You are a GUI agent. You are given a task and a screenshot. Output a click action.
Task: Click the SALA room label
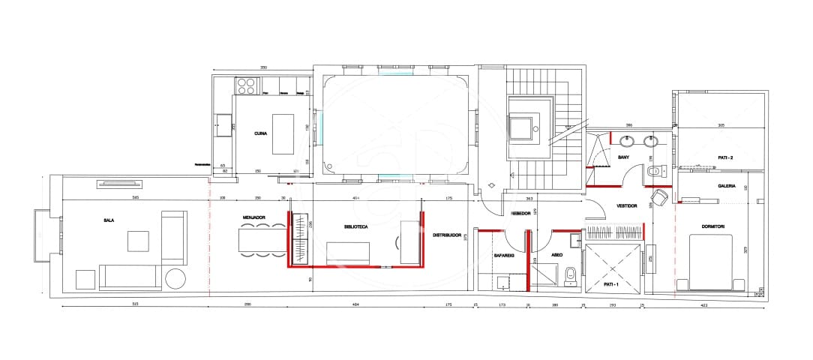coord(109,220)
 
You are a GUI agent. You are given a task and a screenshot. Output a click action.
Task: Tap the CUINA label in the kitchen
coord(260,133)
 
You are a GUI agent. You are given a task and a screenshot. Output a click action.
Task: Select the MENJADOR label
coord(253,217)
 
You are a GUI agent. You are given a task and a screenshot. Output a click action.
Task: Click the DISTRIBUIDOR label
coord(446,235)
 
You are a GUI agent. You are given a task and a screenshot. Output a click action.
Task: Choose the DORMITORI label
coord(712,226)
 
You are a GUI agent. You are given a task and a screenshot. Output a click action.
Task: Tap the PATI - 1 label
coord(613,284)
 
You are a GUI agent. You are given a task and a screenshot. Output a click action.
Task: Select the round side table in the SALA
coord(175,278)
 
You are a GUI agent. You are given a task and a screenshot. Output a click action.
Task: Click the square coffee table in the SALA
coord(138,241)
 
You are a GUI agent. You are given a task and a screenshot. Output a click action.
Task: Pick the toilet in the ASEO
coord(570,274)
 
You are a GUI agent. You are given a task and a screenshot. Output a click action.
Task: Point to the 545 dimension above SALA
coord(135,197)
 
